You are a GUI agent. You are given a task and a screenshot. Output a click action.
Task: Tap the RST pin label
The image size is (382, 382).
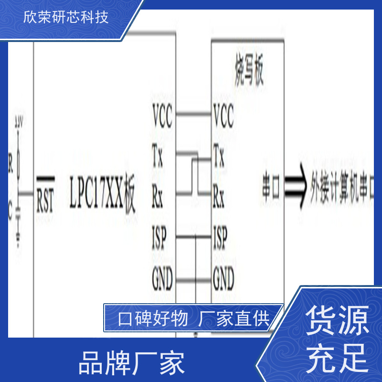tap(45, 195)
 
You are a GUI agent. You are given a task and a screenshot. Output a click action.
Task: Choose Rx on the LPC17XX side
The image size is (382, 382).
tap(158, 196)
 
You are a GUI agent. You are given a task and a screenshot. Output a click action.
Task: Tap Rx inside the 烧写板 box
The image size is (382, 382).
tap(219, 196)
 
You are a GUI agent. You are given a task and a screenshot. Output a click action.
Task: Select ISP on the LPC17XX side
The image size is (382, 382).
tap(159, 237)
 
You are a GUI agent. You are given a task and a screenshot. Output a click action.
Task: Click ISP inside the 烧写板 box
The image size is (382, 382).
tap(220, 237)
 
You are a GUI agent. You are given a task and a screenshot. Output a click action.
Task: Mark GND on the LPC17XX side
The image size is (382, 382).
tap(162, 278)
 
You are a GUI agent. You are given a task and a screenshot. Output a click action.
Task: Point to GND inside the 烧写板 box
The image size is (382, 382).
tap(223, 278)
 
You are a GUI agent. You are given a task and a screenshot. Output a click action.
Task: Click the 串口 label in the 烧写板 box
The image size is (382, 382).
tap(271, 186)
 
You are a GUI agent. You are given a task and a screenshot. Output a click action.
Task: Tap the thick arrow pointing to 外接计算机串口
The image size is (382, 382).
tap(296, 186)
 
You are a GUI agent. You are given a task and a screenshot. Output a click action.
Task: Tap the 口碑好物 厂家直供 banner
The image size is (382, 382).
tap(194, 318)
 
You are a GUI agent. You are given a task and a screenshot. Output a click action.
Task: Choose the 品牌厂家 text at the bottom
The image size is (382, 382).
tap(131, 364)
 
